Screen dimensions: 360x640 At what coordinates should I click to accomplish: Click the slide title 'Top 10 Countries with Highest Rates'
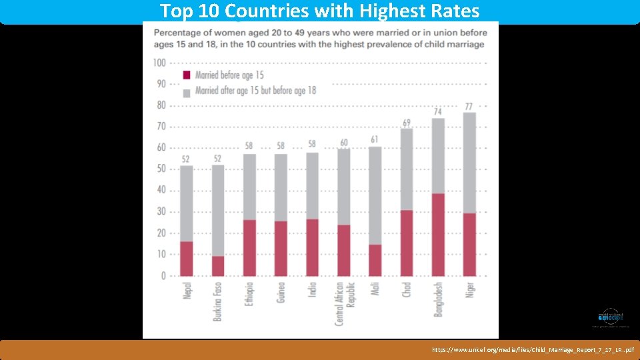coord(319,11)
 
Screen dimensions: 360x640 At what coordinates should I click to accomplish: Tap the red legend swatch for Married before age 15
coord(187,75)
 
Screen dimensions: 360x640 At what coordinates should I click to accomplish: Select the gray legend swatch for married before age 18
coord(187,90)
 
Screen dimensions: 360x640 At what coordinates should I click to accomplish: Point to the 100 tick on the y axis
coord(159,63)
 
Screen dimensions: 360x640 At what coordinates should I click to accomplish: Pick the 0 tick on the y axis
coord(163,275)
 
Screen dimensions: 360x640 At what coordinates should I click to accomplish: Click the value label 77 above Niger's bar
coord(469,107)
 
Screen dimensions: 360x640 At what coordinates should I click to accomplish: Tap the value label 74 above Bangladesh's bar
coord(438,112)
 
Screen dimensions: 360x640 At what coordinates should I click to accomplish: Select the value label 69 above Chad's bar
coord(407,123)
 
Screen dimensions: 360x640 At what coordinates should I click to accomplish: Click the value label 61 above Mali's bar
coord(375,139)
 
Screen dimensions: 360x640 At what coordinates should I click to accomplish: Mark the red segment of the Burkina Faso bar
coord(218,266)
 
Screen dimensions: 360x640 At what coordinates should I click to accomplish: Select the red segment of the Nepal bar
coord(187,259)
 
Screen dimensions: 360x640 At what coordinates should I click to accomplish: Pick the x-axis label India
coord(312,291)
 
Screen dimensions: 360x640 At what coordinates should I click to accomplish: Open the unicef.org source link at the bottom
coord(533,349)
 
